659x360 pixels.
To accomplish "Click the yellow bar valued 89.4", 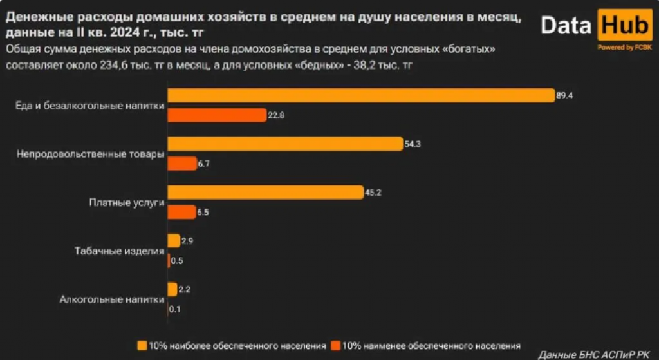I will pyautogui.click(x=360, y=95).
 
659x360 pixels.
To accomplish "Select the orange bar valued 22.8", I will pyautogui.click(x=216, y=115).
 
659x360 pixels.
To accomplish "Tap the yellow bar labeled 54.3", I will pyautogui.click(x=285, y=144).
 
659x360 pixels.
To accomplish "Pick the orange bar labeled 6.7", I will pyautogui.click(x=181, y=164).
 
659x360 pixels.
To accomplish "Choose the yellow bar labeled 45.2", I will pyautogui.click(x=265, y=192).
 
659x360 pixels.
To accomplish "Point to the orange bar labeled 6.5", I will pyautogui.click(x=181, y=212).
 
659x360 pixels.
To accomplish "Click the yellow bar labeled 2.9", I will pyautogui.click(x=173, y=240).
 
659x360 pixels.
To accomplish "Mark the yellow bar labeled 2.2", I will pyautogui.click(x=172, y=289).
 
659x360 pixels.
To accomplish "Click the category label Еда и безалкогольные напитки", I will pyautogui.click(x=89, y=106).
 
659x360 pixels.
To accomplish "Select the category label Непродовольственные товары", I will pyautogui.click(x=91, y=154).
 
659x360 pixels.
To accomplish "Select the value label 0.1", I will pyautogui.click(x=174, y=309).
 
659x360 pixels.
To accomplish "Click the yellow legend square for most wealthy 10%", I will pyautogui.click(x=142, y=345).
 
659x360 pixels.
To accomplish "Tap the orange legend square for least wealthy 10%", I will pyautogui.click(x=336, y=345).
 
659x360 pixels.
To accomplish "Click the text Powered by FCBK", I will pyautogui.click(x=624, y=47).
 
